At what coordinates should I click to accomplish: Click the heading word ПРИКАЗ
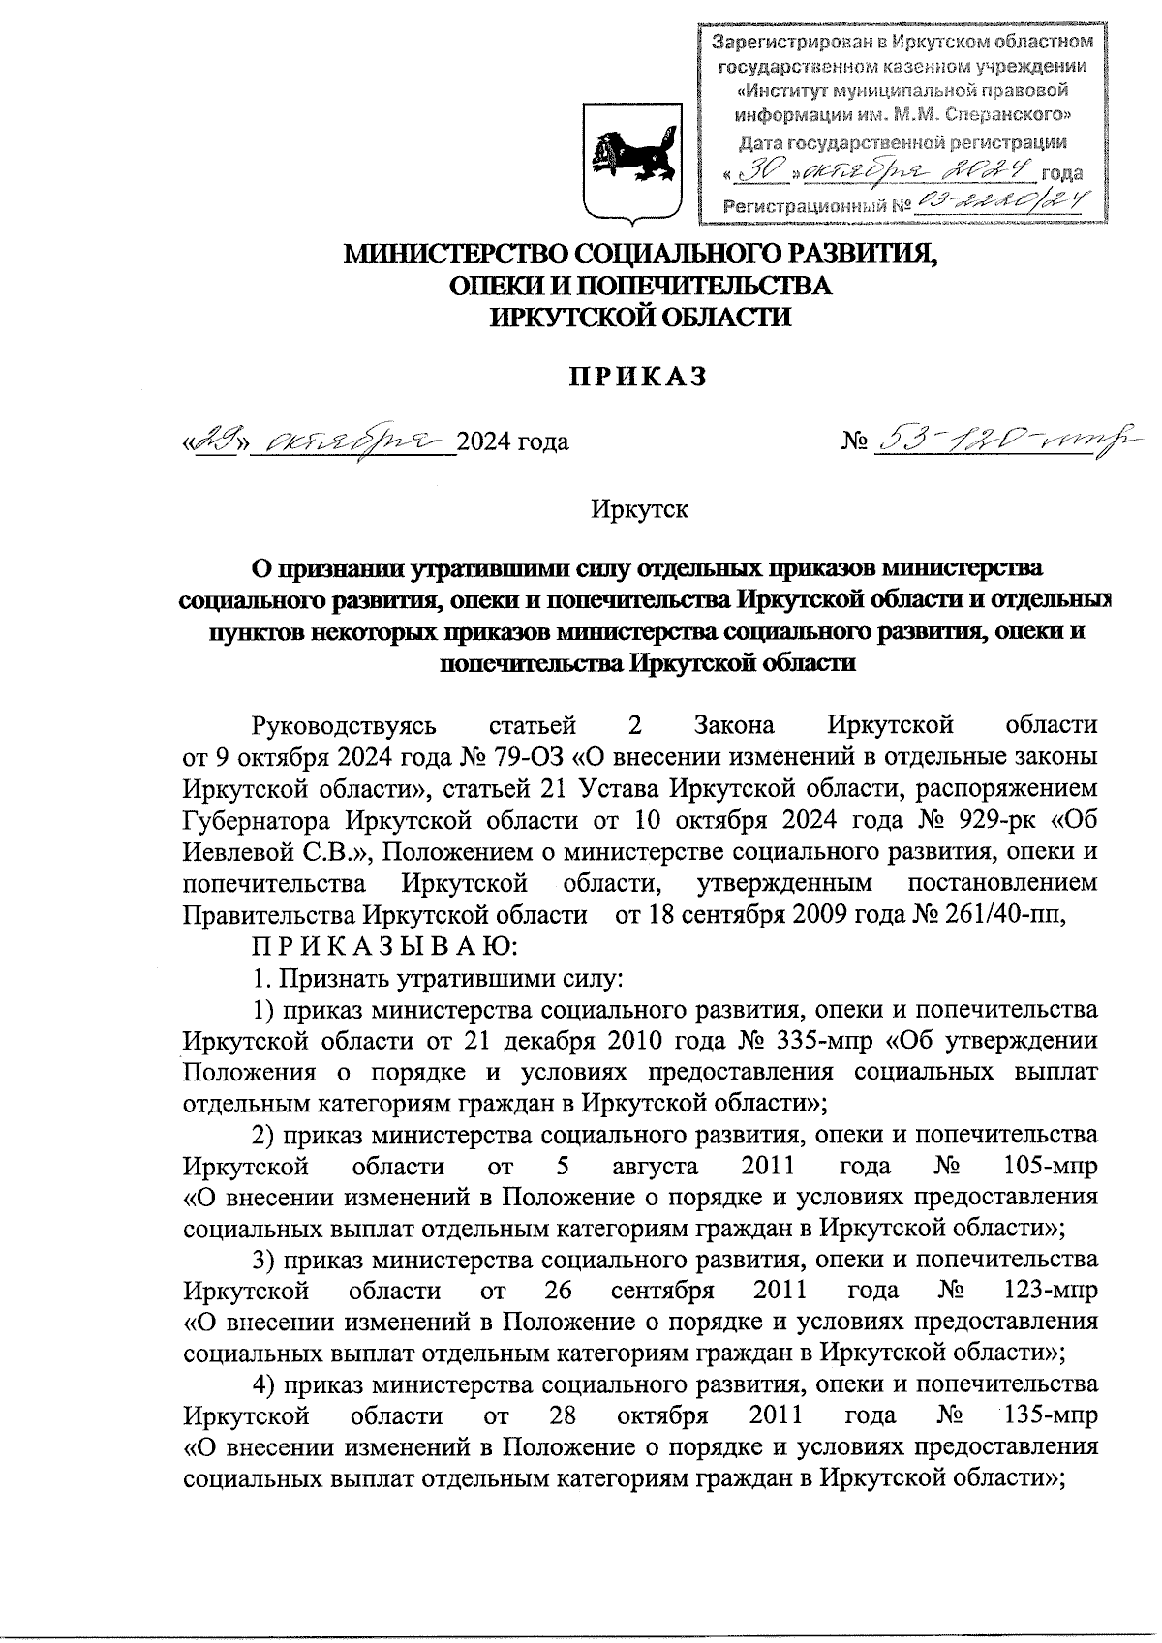(636, 377)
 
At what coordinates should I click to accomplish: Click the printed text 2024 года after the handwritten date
(512, 442)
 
